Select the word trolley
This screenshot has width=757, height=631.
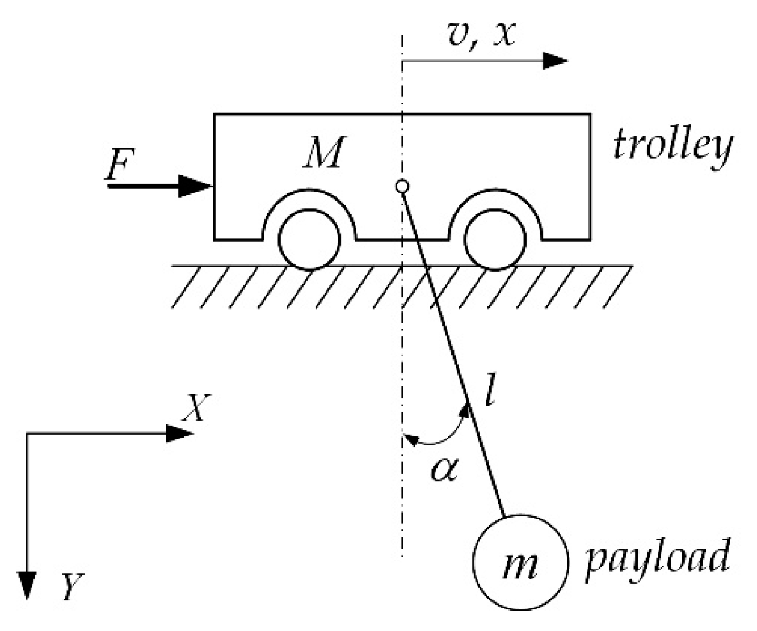coord(672,146)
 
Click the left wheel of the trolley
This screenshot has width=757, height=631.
coord(309,239)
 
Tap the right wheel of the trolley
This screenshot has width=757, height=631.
coord(494,239)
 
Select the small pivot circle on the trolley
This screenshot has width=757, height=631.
coord(402,186)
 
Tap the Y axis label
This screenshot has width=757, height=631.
coord(73,586)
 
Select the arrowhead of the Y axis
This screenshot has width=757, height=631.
coord(27,584)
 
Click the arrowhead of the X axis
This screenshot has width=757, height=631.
coord(180,433)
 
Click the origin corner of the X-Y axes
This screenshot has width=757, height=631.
coord(27,434)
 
